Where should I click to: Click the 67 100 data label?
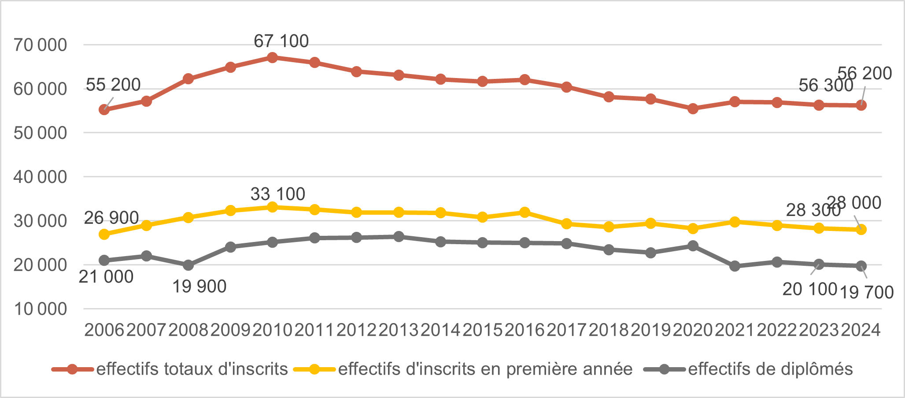[281, 41]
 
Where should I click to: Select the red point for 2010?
[272, 57]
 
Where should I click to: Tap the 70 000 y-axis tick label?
[40, 45]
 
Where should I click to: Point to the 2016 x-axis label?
[525, 330]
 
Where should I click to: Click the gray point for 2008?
[188, 265]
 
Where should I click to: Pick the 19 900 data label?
[199, 286]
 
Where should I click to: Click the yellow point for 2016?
[525, 212]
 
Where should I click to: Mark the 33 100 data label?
[278, 194]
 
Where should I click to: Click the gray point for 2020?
[693, 245]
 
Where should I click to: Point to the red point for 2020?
[693, 108]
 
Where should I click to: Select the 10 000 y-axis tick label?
[40, 309]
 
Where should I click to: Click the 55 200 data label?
[113, 85]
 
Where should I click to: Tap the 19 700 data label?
[866, 292]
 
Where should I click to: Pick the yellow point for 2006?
[104, 234]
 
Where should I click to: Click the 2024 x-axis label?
[861, 330]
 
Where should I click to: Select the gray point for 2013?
[399, 237]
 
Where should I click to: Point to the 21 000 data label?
[106, 277]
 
